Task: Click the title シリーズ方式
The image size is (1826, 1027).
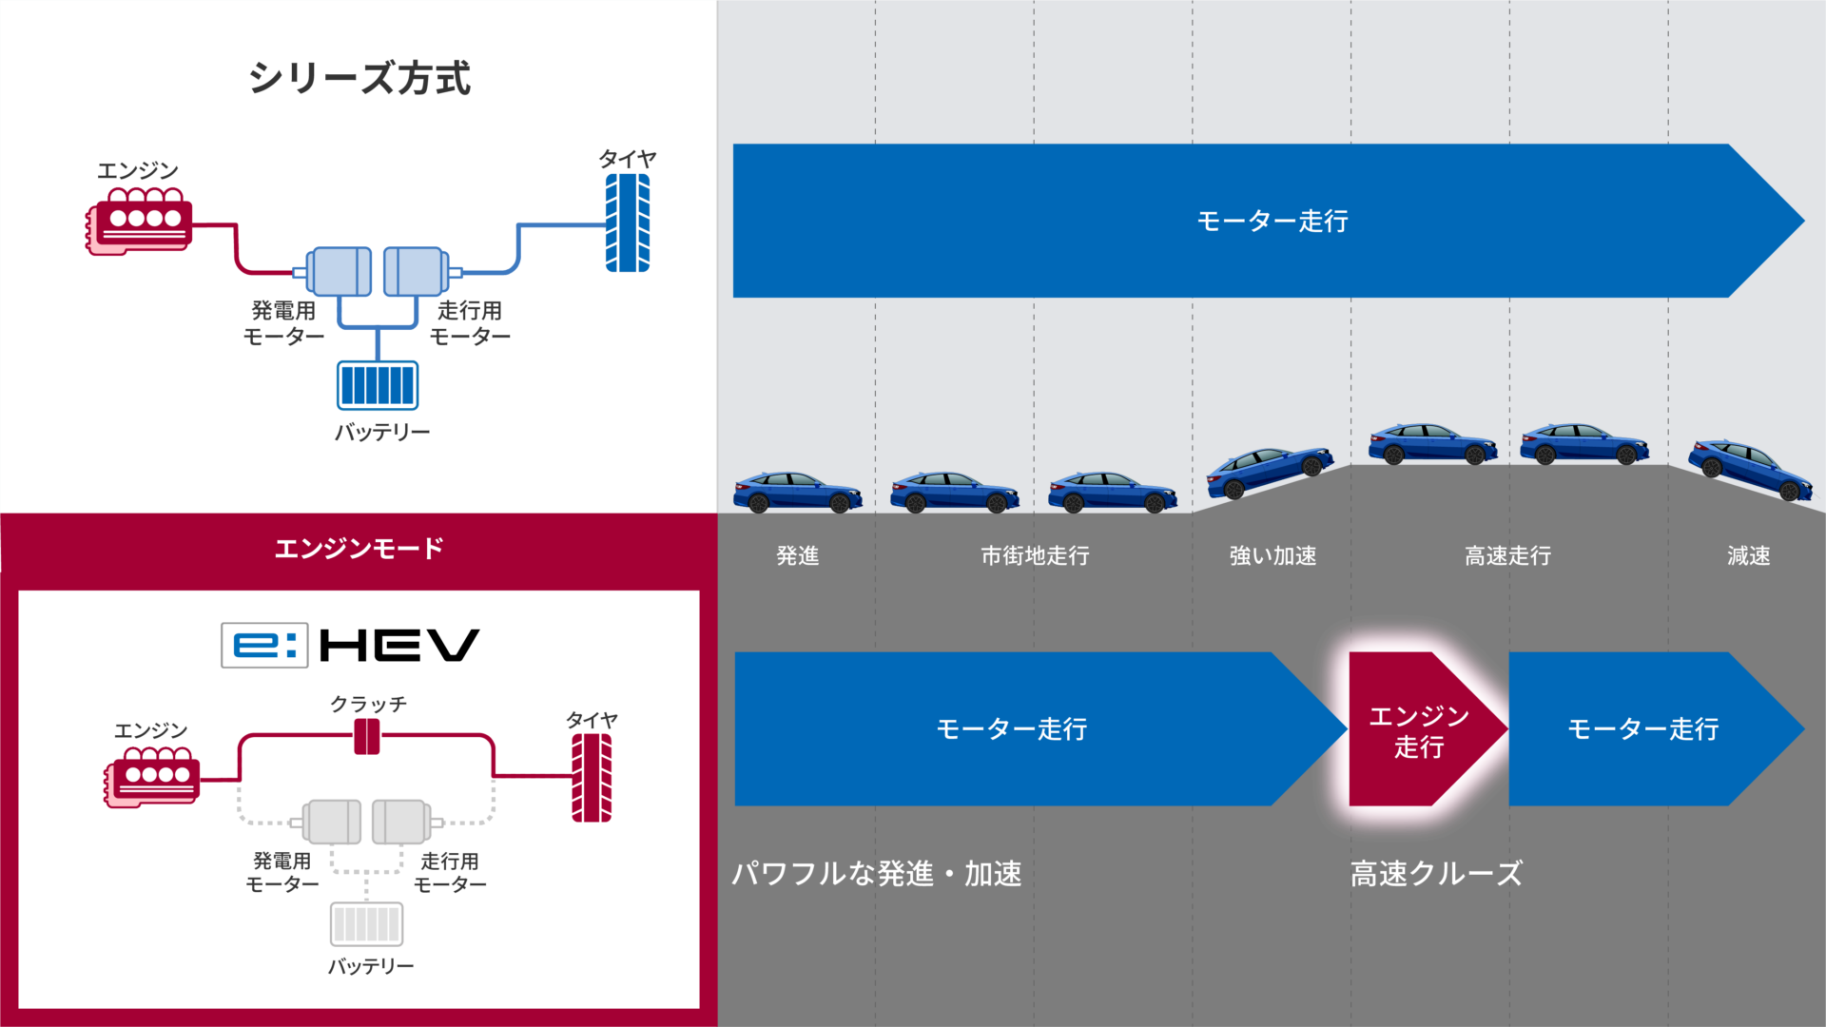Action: pyautogui.click(x=359, y=78)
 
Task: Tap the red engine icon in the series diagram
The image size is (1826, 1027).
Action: pyautogui.click(x=140, y=222)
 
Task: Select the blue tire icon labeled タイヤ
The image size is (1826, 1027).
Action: pyautogui.click(x=628, y=223)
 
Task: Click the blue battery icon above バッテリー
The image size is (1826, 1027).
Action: pyautogui.click(x=378, y=385)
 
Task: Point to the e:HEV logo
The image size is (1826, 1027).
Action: pyautogui.click(x=350, y=646)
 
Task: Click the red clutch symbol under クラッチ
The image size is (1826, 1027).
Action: pyautogui.click(x=366, y=737)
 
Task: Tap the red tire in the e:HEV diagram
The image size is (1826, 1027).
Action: pyautogui.click(x=591, y=778)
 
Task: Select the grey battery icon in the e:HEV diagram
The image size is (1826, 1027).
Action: pyautogui.click(x=366, y=923)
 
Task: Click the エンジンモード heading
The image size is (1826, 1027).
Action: pyautogui.click(x=359, y=549)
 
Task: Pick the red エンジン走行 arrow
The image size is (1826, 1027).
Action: pyautogui.click(x=1419, y=729)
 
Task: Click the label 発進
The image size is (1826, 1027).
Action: pyautogui.click(x=797, y=555)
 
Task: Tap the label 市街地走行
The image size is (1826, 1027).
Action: pyautogui.click(x=1035, y=555)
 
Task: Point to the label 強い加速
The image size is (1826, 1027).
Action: pyautogui.click(x=1272, y=555)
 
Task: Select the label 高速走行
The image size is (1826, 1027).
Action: pyautogui.click(x=1507, y=555)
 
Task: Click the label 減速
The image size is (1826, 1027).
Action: pyautogui.click(x=1748, y=555)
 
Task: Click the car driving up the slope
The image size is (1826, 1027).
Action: pyautogui.click(x=1270, y=471)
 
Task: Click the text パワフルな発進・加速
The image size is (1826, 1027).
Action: pyautogui.click(x=876, y=873)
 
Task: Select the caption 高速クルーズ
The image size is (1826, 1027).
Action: pyautogui.click(x=1436, y=873)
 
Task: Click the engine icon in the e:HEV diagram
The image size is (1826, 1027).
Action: pyautogui.click(x=152, y=776)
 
